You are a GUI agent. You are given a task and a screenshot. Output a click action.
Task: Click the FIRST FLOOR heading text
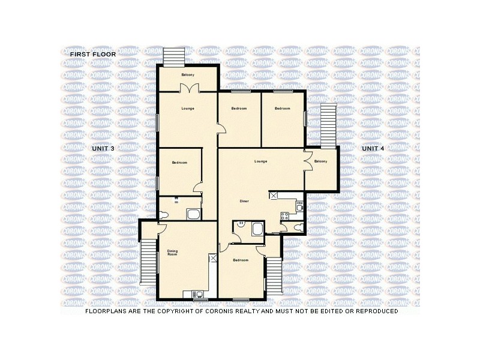[92, 55]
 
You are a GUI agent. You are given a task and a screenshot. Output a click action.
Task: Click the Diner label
[244, 201]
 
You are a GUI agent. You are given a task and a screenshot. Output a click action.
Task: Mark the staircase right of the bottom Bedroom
[274, 277]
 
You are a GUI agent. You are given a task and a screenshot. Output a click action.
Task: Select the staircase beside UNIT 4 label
[328, 125]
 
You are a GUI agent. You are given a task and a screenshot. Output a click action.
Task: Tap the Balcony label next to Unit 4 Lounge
[320, 161]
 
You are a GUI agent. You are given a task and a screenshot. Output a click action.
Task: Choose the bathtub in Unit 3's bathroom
[194, 214]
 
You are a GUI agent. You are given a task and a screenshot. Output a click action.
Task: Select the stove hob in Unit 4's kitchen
[284, 217]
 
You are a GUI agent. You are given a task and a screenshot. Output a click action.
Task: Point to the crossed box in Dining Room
[213, 258]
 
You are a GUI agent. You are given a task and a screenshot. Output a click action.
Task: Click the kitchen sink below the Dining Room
[196, 294]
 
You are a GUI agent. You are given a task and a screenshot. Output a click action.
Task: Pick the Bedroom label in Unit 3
[179, 163]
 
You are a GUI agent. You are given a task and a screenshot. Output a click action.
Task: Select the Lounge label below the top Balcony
[187, 109]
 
